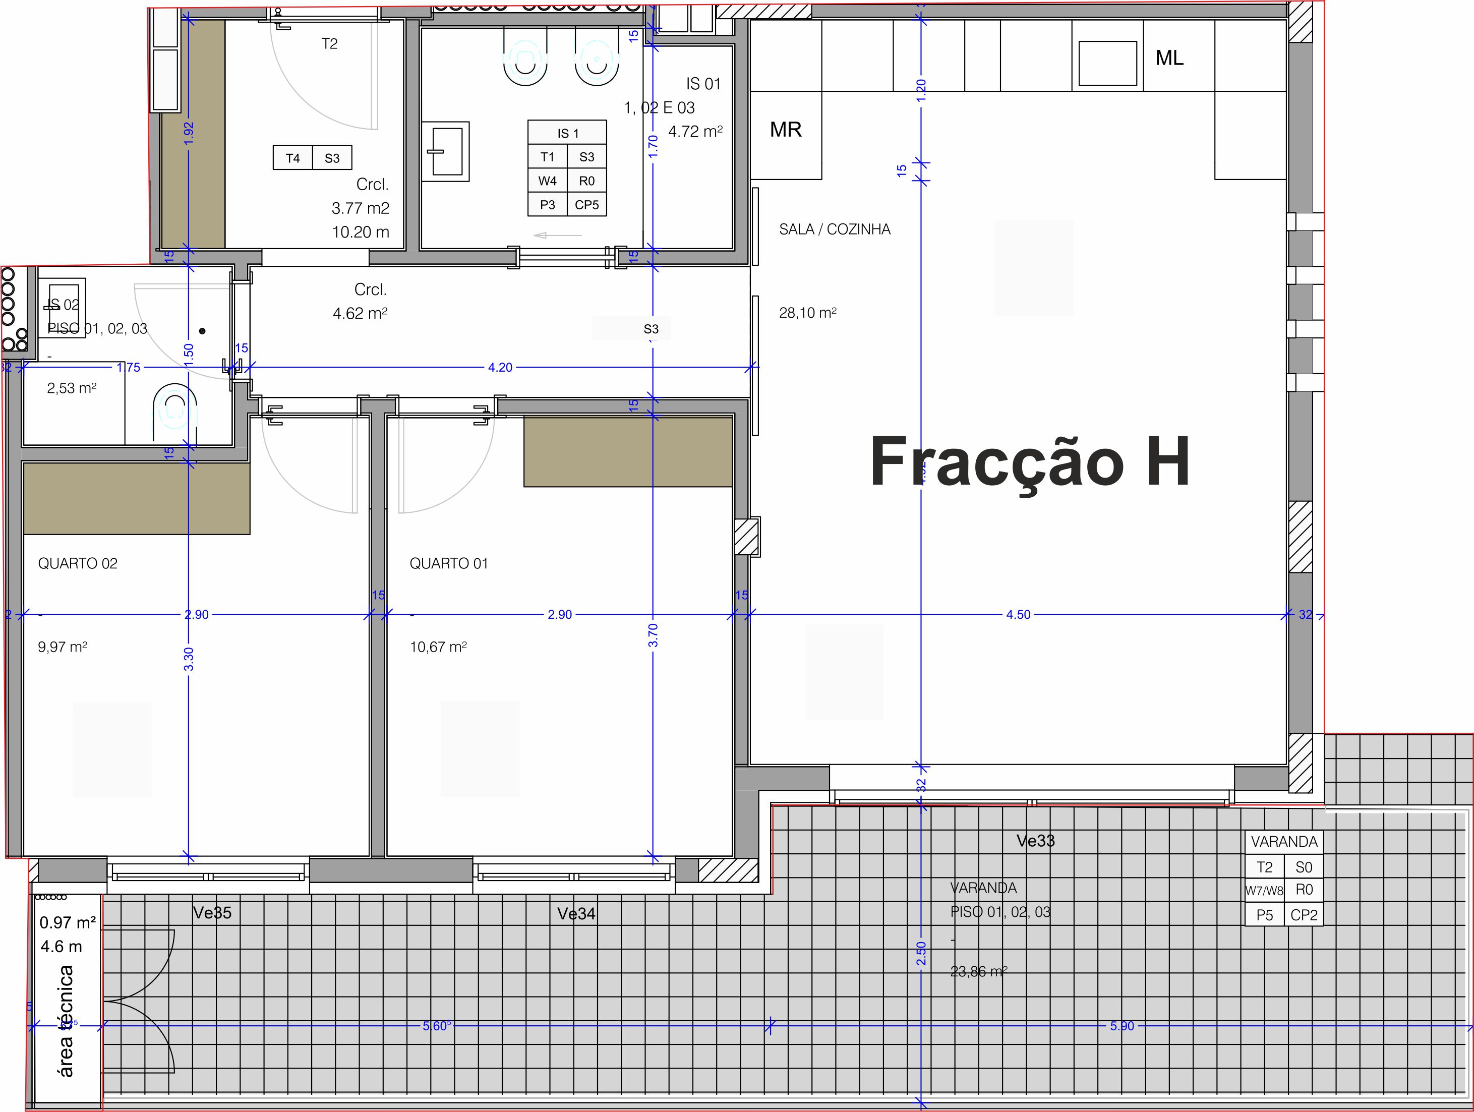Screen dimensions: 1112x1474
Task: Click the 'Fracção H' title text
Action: coord(1030,462)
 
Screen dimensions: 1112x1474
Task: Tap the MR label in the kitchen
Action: coord(785,129)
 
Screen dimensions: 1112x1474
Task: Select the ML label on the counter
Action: coord(1169,58)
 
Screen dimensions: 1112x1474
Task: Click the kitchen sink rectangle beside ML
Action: coord(1107,64)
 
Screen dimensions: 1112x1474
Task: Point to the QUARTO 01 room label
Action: coord(448,564)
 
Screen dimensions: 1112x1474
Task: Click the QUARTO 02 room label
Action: coord(77,564)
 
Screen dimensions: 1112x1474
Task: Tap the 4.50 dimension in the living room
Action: coord(1018,614)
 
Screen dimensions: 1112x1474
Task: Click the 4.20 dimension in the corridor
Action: coord(500,367)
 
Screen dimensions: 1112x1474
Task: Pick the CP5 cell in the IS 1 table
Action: coord(586,205)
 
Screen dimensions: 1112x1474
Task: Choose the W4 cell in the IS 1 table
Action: coord(547,181)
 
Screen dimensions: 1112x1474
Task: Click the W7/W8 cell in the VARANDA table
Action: coord(1264,890)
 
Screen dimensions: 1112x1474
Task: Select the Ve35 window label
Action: coord(212,913)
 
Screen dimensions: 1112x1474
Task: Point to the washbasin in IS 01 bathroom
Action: coord(446,151)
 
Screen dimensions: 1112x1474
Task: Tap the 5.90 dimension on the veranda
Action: coord(1122,1026)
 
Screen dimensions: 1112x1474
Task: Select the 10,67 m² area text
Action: coord(438,647)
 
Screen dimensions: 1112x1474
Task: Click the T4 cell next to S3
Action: coord(292,158)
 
